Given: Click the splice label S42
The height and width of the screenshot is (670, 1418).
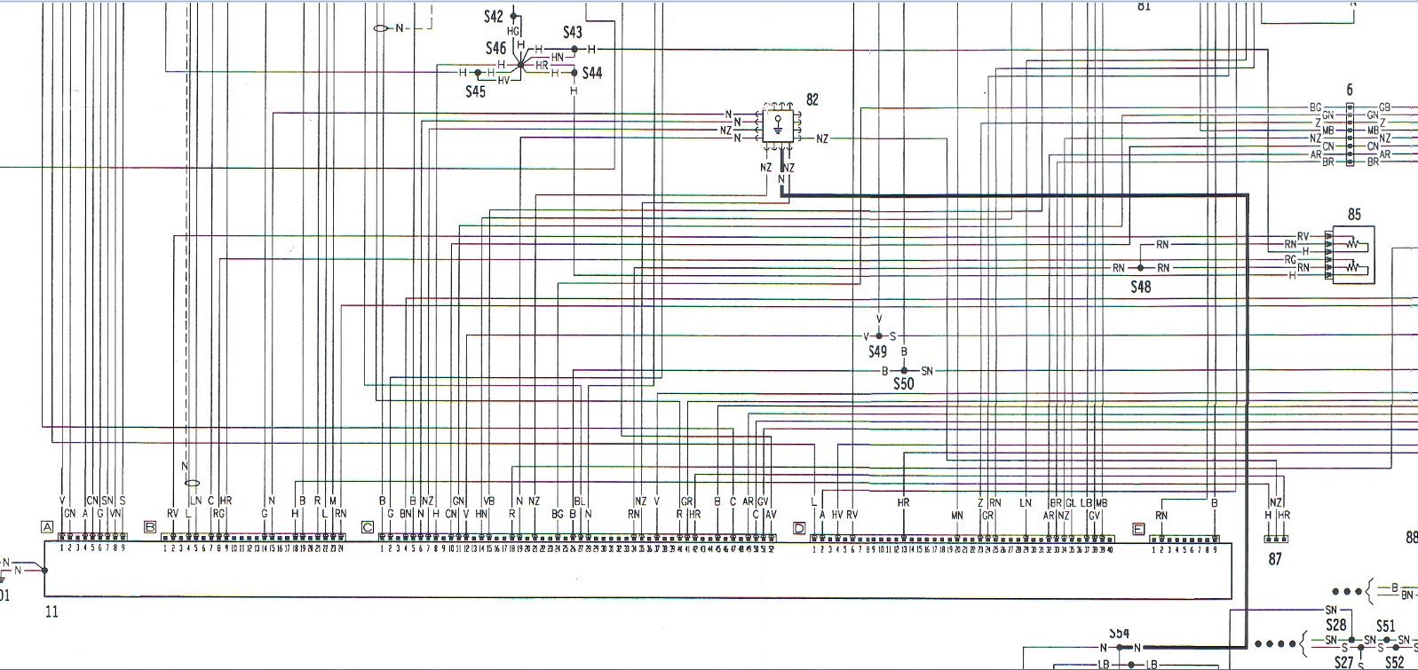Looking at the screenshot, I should [x=494, y=17].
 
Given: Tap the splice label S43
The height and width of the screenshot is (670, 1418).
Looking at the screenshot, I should [x=573, y=33].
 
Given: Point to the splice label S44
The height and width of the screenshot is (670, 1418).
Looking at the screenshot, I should [x=592, y=73].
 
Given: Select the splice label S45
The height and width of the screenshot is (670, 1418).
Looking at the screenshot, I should [x=476, y=91].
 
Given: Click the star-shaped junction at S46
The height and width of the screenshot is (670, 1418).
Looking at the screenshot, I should [x=521, y=64].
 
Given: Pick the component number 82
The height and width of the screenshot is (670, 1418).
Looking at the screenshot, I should [x=812, y=100].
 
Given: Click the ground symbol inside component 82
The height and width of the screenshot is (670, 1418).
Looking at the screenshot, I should [x=779, y=126].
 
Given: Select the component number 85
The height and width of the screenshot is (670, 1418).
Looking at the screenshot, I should [x=1354, y=215].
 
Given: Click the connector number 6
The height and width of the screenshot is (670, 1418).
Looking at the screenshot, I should [x=1350, y=90].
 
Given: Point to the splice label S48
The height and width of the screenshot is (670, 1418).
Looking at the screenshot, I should [x=1140, y=287].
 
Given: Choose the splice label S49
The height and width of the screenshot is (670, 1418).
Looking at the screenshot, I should [x=877, y=351].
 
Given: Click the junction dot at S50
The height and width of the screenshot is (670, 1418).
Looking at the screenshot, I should [x=904, y=370].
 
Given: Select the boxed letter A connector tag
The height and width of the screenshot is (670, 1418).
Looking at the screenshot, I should [x=47, y=527].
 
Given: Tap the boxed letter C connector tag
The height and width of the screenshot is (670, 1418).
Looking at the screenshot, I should [x=368, y=527].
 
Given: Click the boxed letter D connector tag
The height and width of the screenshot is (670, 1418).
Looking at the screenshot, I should [x=799, y=528].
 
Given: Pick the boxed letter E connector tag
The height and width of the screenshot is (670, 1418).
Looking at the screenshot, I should [x=1139, y=528].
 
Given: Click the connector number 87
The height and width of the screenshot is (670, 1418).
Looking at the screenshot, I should [x=1275, y=559].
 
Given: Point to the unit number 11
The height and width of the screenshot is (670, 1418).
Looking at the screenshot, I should [x=51, y=611].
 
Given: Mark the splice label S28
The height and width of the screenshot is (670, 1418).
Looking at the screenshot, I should [x=1335, y=625].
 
